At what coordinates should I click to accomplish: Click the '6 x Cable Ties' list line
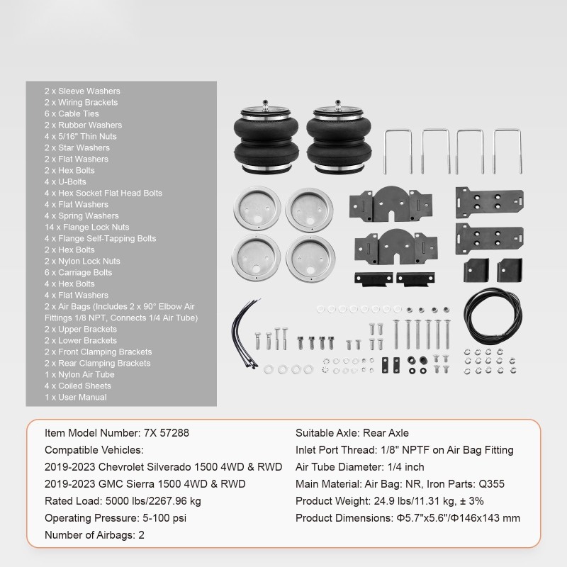[72, 113]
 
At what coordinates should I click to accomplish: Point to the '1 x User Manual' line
[75, 397]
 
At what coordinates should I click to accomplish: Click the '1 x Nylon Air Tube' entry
[79, 374]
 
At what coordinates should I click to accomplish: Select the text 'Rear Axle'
[386, 433]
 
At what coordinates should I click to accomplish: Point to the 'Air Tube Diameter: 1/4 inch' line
[360, 467]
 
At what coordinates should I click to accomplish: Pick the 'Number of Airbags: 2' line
[94, 535]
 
